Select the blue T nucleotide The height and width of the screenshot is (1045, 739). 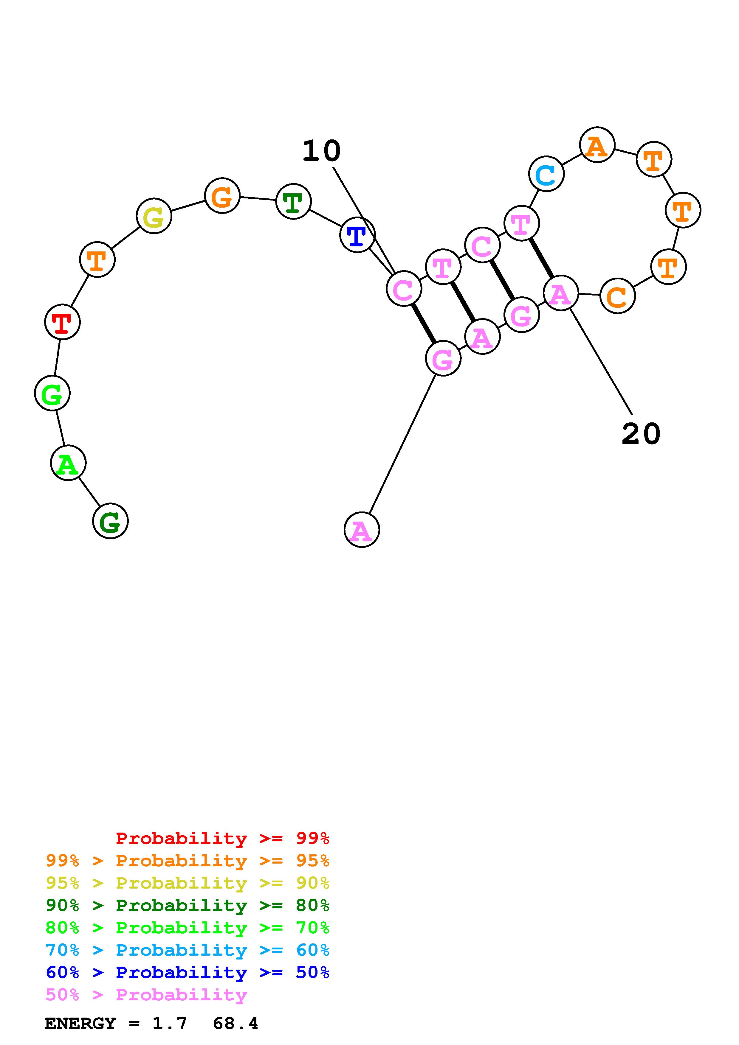coord(357,235)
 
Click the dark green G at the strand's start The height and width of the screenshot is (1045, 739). coord(111,521)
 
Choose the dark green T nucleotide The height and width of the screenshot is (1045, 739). coord(294,201)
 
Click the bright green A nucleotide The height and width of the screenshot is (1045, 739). coord(68,463)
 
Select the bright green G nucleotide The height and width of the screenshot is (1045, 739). coord(52,393)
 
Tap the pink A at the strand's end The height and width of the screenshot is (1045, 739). coord(362,530)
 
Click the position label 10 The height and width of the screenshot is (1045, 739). coord(321,151)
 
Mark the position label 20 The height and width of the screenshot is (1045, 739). coord(641,433)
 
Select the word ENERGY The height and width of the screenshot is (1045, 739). coord(80,1023)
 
